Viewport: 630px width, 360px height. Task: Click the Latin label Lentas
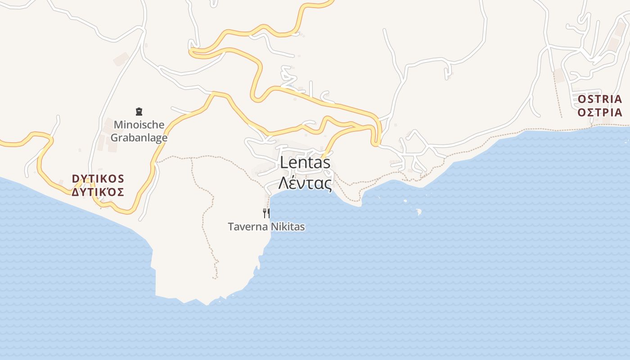tap(305, 162)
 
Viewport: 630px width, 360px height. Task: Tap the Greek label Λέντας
tap(305, 183)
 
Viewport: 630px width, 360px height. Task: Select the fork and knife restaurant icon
tap(266, 213)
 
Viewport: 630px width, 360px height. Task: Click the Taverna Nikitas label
tap(266, 227)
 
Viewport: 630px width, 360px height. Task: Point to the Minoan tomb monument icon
tap(139, 111)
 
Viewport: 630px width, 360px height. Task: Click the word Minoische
tap(139, 125)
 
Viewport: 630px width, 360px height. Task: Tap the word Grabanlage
tap(139, 138)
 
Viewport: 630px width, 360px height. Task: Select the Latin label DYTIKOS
tap(98, 179)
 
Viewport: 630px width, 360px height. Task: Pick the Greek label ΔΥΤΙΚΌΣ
tap(98, 192)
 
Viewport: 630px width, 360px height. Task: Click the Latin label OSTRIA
tap(600, 99)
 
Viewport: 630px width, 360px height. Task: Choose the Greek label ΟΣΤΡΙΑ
tap(600, 112)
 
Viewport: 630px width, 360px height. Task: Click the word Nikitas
tap(288, 227)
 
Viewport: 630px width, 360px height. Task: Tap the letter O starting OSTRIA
tap(582, 99)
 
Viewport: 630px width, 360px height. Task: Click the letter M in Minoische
tap(118, 125)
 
